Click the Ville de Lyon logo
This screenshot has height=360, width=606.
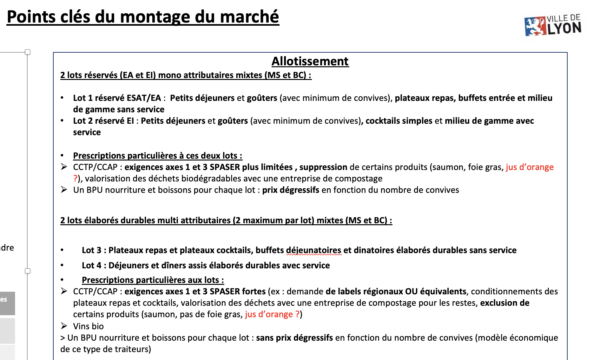point(553,25)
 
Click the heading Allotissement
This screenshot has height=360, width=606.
point(310,61)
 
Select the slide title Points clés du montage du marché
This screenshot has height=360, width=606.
point(143,17)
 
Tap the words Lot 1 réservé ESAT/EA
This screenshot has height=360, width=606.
point(117,98)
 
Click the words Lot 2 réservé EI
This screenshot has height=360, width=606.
point(103,121)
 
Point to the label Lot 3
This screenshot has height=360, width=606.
point(91,250)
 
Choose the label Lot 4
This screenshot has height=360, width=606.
point(91,265)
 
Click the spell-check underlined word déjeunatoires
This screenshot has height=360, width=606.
point(313,250)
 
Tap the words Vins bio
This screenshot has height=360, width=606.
point(88,326)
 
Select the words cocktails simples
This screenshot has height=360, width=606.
point(399,121)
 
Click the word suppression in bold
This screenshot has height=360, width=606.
point(323,167)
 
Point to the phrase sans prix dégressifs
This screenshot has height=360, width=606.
point(294,338)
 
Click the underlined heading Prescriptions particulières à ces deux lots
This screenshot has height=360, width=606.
point(157,156)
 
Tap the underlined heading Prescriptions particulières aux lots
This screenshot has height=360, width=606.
point(153,280)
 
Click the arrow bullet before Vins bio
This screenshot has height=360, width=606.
point(64,326)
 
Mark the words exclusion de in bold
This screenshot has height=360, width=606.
point(504,303)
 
